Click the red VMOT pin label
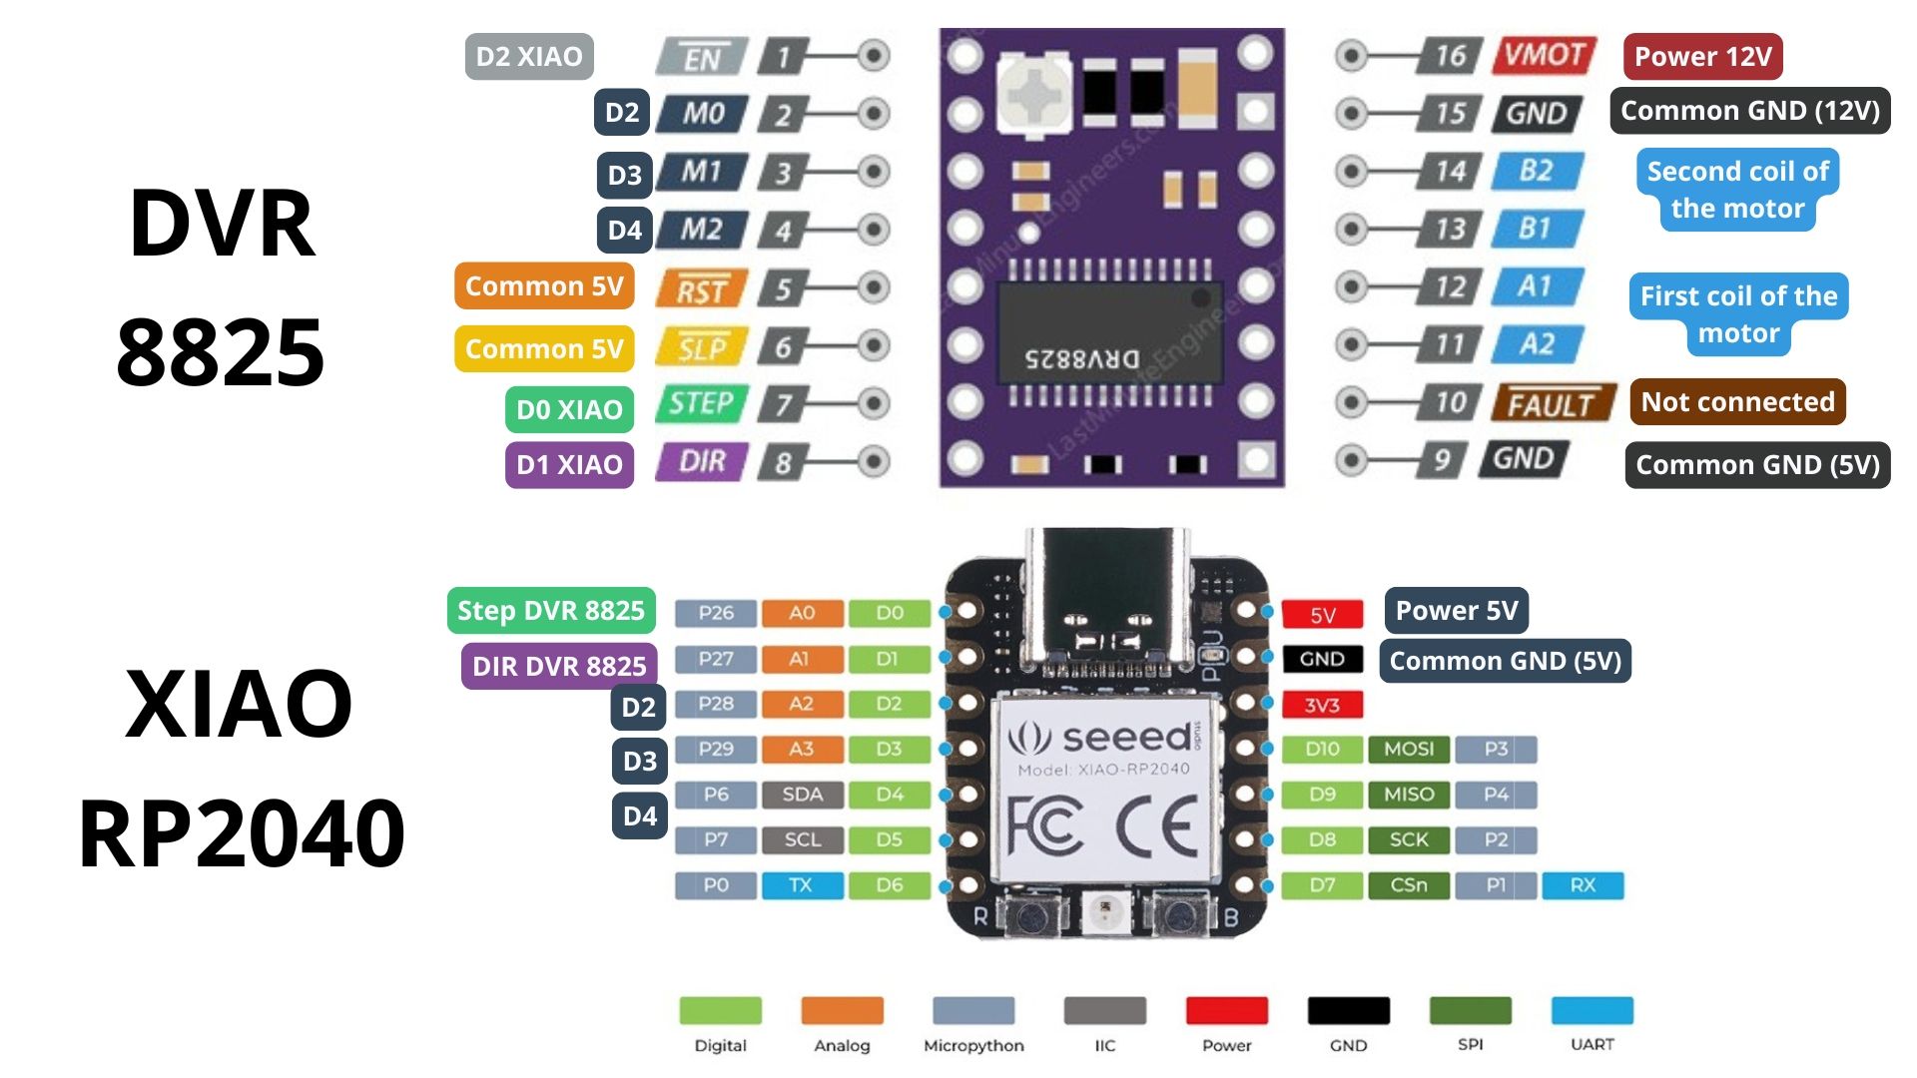[1544, 55]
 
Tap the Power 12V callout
[1702, 57]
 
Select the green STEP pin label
[701, 403]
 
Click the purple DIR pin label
[702, 461]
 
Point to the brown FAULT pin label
[1552, 403]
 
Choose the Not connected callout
[1737, 401]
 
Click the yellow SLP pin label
[702, 347]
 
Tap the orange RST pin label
[701, 290]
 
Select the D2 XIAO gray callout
[529, 57]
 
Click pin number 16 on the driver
[1450, 55]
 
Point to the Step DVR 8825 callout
[551, 611]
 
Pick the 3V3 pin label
[1322, 705]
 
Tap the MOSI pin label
[1408, 749]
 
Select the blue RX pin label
[1583, 884]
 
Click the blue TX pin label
[802, 884]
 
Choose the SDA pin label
[802, 795]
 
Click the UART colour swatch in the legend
[1592, 1010]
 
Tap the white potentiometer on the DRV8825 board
[1035, 95]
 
